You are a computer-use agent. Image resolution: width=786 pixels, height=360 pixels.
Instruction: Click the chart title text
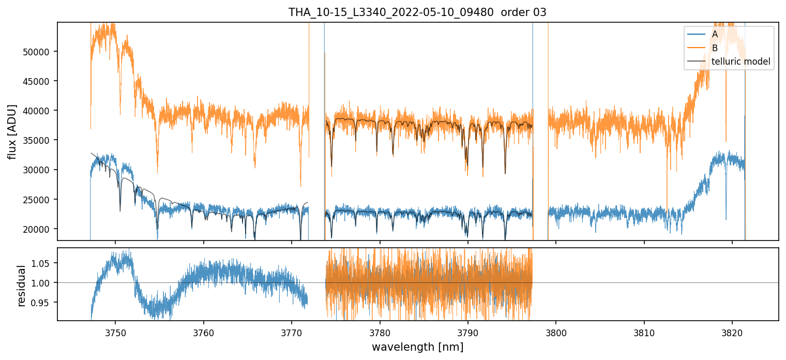pyautogui.click(x=417, y=12)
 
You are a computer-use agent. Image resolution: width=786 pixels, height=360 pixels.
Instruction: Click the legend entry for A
pyautogui.click(x=715, y=34)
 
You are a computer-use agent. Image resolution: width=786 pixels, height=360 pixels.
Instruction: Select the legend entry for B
pyautogui.click(x=715, y=48)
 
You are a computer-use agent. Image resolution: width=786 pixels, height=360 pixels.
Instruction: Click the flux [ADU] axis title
pyautogui.click(x=12, y=131)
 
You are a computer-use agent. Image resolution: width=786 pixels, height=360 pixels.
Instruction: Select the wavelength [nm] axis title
pyautogui.click(x=417, y=347)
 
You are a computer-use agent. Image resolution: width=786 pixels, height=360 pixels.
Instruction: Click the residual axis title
pyautogui.click(x=22, y=285)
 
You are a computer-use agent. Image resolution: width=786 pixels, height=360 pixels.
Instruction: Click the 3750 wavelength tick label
pyautogui.click(x=115, y=331)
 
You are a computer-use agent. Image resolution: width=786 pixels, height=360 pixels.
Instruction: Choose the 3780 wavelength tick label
pyautogui.click(x=380, y=331)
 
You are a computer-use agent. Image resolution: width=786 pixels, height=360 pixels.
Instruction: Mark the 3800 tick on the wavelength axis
pyautogui.click(x=556, y=331)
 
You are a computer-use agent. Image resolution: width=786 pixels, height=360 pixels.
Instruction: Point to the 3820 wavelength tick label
pyautogui.click(x=732, y=331)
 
